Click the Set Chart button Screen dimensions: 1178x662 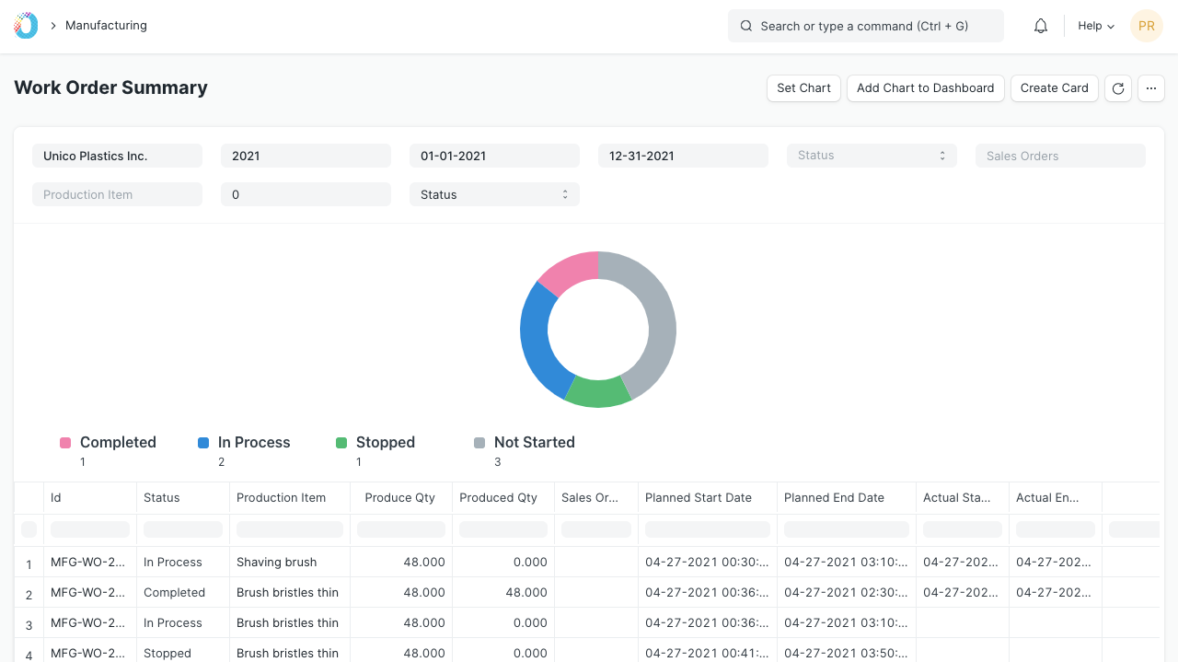pos(803,87)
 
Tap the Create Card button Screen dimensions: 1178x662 pos(1054,87)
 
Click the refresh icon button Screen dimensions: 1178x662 pos(1118,87)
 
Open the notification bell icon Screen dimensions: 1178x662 pos(1041,26)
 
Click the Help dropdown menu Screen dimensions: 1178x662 pos(1096,26)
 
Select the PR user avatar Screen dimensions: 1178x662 pos(1147,26)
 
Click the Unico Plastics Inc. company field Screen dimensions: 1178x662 pos(117,156)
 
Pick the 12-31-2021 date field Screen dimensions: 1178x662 pos(683,156)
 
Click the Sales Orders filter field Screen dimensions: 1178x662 pos(1060,156)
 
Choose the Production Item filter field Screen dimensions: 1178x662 pos(117,194)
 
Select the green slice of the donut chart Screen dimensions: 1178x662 pos(598,392)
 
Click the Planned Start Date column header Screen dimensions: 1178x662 pos(698,498)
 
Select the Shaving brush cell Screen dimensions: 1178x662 pos(277,562)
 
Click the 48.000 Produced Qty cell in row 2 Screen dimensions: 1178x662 pos(525,593)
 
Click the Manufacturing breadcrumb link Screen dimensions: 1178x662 pos(106,25)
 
